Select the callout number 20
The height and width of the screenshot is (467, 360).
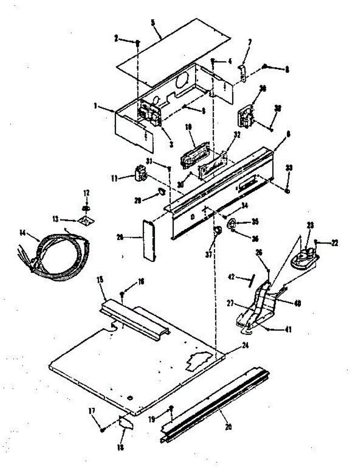point(228,427)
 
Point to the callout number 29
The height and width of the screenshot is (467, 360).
point(137,201)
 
